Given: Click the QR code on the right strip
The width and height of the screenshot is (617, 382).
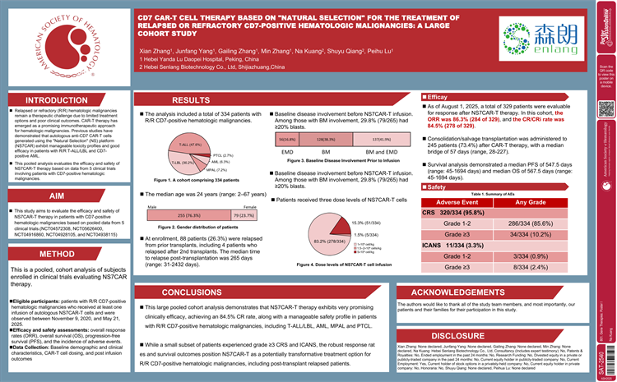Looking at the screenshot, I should click(x=605, y=109).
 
